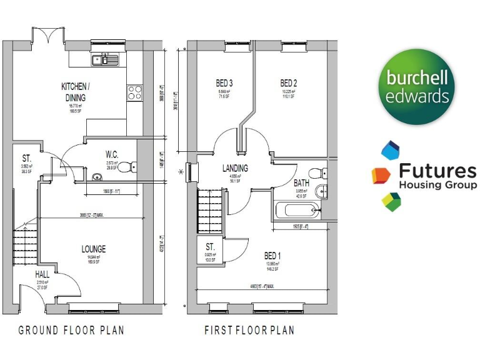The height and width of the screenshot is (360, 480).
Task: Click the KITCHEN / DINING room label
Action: coord(75,92)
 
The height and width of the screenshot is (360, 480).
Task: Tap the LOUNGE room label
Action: coord(93,249)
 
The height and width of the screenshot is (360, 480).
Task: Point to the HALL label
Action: coord(42,274)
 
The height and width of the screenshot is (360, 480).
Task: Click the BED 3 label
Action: coord(224,83)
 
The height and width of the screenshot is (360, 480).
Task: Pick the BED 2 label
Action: coord(288,83)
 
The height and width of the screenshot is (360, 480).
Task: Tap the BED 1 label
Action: coord(272,256)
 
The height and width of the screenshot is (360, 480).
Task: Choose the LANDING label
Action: coord(235,168)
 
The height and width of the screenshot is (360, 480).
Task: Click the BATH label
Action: coord(301,183)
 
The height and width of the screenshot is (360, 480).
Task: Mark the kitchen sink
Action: coord(104,60)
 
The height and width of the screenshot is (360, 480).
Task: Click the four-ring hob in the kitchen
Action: coord(135,93)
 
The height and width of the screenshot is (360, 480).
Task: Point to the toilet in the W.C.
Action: coord(127,167)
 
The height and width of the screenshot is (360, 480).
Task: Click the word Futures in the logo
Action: coord(436,171)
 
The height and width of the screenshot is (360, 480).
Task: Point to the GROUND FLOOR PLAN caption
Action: coord(71,330)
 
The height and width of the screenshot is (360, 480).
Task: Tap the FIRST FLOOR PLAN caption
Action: coord(249,330)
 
